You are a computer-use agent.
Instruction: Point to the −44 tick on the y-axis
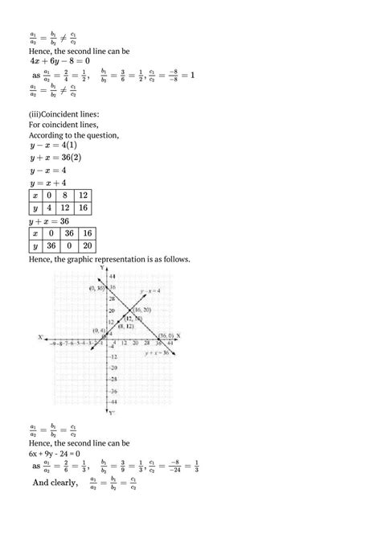pos(113,400)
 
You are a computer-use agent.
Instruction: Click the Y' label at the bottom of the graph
pos(113,412)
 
